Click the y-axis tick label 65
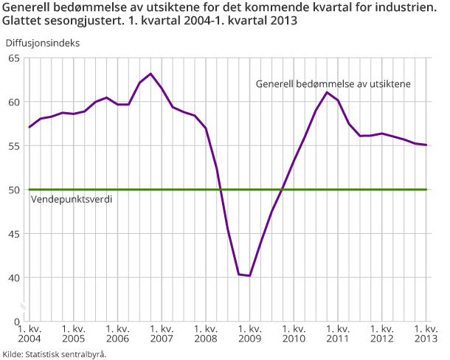14,58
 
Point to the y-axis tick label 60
14,102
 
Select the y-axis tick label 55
14,145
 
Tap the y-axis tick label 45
14,234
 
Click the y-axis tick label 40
14,278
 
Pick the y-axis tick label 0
17,322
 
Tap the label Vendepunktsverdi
72,199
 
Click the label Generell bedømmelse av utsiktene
333,84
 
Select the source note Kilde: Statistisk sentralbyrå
55,354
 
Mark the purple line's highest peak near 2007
150,74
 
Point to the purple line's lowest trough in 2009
250,276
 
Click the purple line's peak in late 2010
327,92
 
